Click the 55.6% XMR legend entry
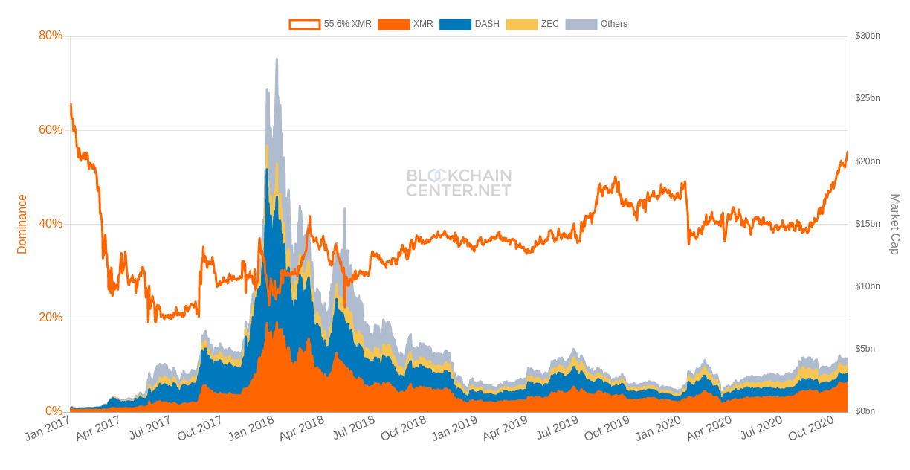pos(331,24)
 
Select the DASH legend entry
pos(470,24)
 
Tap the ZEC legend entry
pos(532,24)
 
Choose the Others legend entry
pos(597,24)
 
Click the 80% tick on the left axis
pos(51,36)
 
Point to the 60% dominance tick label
pos(51,130)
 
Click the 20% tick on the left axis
pos(51,318)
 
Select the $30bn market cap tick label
pos(868,36)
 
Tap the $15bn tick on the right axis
pos(868,224)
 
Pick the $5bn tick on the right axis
pos(865,349)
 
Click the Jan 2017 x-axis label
pos(47,428)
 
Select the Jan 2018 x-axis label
pos(251,428)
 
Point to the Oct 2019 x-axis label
pos(607,428)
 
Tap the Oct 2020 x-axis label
pos(810,428)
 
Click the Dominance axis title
pos(22,224)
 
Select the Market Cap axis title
pos(895,224)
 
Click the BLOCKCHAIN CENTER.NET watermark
pos(459,183)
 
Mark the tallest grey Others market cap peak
pos(277,59)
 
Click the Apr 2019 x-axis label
pos(505,428)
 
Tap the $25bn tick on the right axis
pos(868,98)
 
